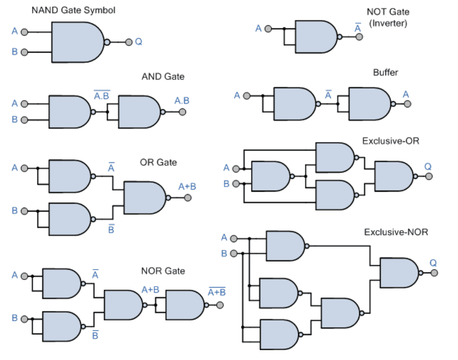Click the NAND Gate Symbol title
pos(73,10)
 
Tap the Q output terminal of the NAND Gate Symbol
pos(129,42)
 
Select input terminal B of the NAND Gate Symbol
pos(25,52)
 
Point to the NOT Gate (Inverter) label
pos(388,18)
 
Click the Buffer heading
pos(385,72)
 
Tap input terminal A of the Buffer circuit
pos(246,95)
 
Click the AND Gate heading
pos(163,76)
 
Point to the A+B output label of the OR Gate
pos(187,187)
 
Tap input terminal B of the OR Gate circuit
pos(25,211)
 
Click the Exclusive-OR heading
pos(391,141)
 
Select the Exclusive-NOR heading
pos(396,232)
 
